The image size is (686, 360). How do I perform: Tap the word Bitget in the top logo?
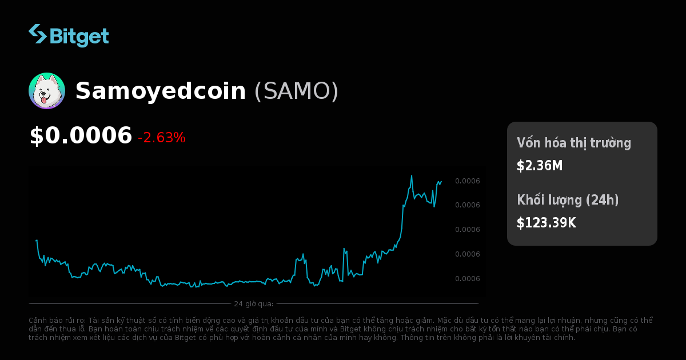[x=79, y=36]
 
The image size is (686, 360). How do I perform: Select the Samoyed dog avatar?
[x=47, y=91]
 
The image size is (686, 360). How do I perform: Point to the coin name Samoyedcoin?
[x=161, y=91]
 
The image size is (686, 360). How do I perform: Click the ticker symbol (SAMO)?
[x=296, y=91]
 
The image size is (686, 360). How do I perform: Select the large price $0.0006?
[x=81, y=136]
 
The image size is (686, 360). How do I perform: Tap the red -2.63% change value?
[x=161, y=138]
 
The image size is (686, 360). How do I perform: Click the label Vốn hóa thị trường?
[x=574, y=143]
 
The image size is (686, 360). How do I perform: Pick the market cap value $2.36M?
[x=540, y=166]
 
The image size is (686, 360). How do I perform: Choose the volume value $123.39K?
[x=546, y=223]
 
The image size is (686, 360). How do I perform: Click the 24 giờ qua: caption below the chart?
[x=253, y=303]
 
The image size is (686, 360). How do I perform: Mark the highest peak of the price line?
[x=412, y=175]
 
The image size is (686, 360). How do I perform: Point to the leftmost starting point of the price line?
[x=36, y=240]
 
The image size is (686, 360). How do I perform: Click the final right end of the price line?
[x=441, y=181]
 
